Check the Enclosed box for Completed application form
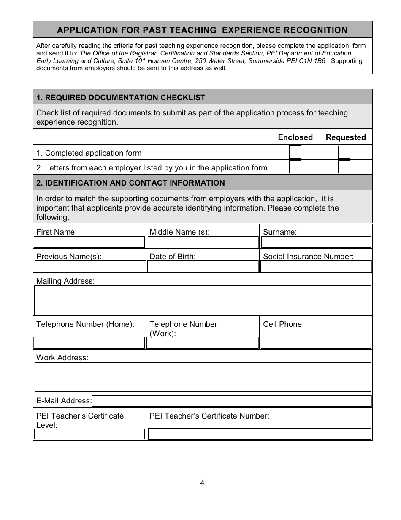(295, 152)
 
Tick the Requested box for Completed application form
(344, 152)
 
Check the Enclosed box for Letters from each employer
(295, 167)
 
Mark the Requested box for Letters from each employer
(344, 167)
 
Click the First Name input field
(89, 242)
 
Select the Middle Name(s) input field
(203, 242)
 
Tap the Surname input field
(316, 242)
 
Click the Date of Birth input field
(203, 266)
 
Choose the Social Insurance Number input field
(316, 266)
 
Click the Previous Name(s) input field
(89, 266)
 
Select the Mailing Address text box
(203, 300)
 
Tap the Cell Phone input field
(316, 343)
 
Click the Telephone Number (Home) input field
(89, 343)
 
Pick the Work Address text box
(203, 377)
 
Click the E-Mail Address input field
(231, 401)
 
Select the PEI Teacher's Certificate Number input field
(260, 434)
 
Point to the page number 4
(202, 483)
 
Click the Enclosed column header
(295, 137)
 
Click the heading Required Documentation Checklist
(121, 98)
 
